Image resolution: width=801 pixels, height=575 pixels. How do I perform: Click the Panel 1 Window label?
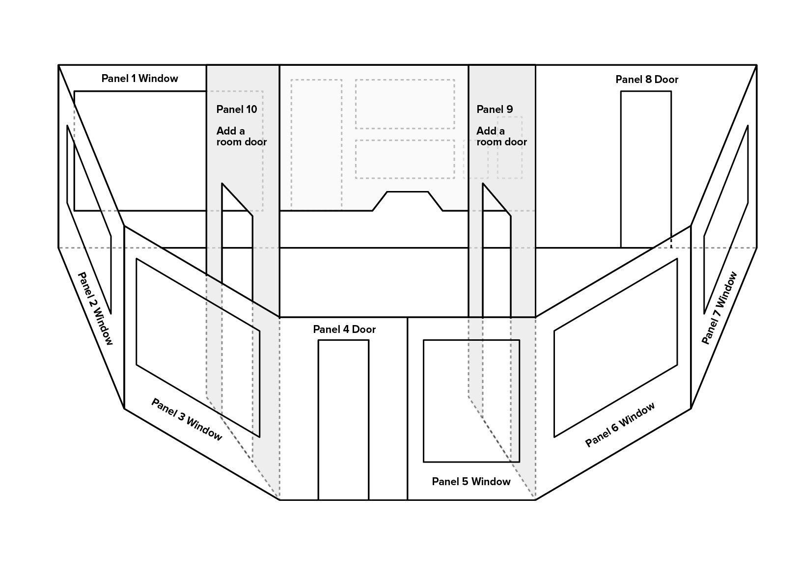tap(140, 79)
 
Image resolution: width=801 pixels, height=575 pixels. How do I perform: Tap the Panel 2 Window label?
tap(95, 308)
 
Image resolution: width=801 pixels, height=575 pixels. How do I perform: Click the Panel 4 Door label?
tap(344, 329)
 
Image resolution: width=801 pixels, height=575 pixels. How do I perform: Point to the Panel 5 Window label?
tap(471, 482)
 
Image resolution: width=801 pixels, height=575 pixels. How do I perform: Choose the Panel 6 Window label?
tap(620, 424)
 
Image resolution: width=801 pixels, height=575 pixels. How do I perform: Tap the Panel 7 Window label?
tap(719, 308)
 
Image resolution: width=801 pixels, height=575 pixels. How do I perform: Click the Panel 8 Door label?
tap(646, 80)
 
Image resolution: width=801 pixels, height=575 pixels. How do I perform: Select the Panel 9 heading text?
tap(495, 110)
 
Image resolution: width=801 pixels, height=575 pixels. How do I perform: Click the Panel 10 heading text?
tap(237, 110)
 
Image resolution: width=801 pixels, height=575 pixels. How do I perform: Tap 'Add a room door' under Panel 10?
tap(241, 137)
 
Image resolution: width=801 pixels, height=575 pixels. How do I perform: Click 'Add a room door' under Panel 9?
tap(501, 137)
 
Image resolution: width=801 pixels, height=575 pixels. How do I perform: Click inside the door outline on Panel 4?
tap(343, 420)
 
